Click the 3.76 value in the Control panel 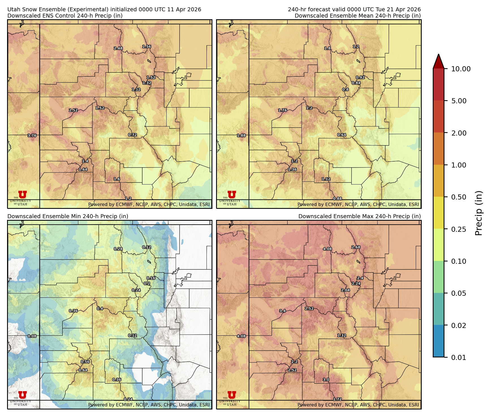coord(32,136)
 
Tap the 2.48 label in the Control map coord(118,48)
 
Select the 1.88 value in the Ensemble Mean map coord(241,136)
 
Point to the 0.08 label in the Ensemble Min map coord(32,336)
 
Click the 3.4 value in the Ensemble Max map coord(283,311)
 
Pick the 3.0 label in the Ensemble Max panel coord(326,380)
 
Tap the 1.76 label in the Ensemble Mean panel coord(283,110)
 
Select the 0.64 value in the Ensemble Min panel coord(83,370)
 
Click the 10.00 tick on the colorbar coord(461,69)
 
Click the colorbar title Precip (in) coord(479,213)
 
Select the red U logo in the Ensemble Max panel coord(232,395)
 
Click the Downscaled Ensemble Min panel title coord(68,216)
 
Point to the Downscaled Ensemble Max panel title coord(359,216)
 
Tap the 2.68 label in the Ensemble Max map coord(356,247)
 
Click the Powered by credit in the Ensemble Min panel coord(149,405)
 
